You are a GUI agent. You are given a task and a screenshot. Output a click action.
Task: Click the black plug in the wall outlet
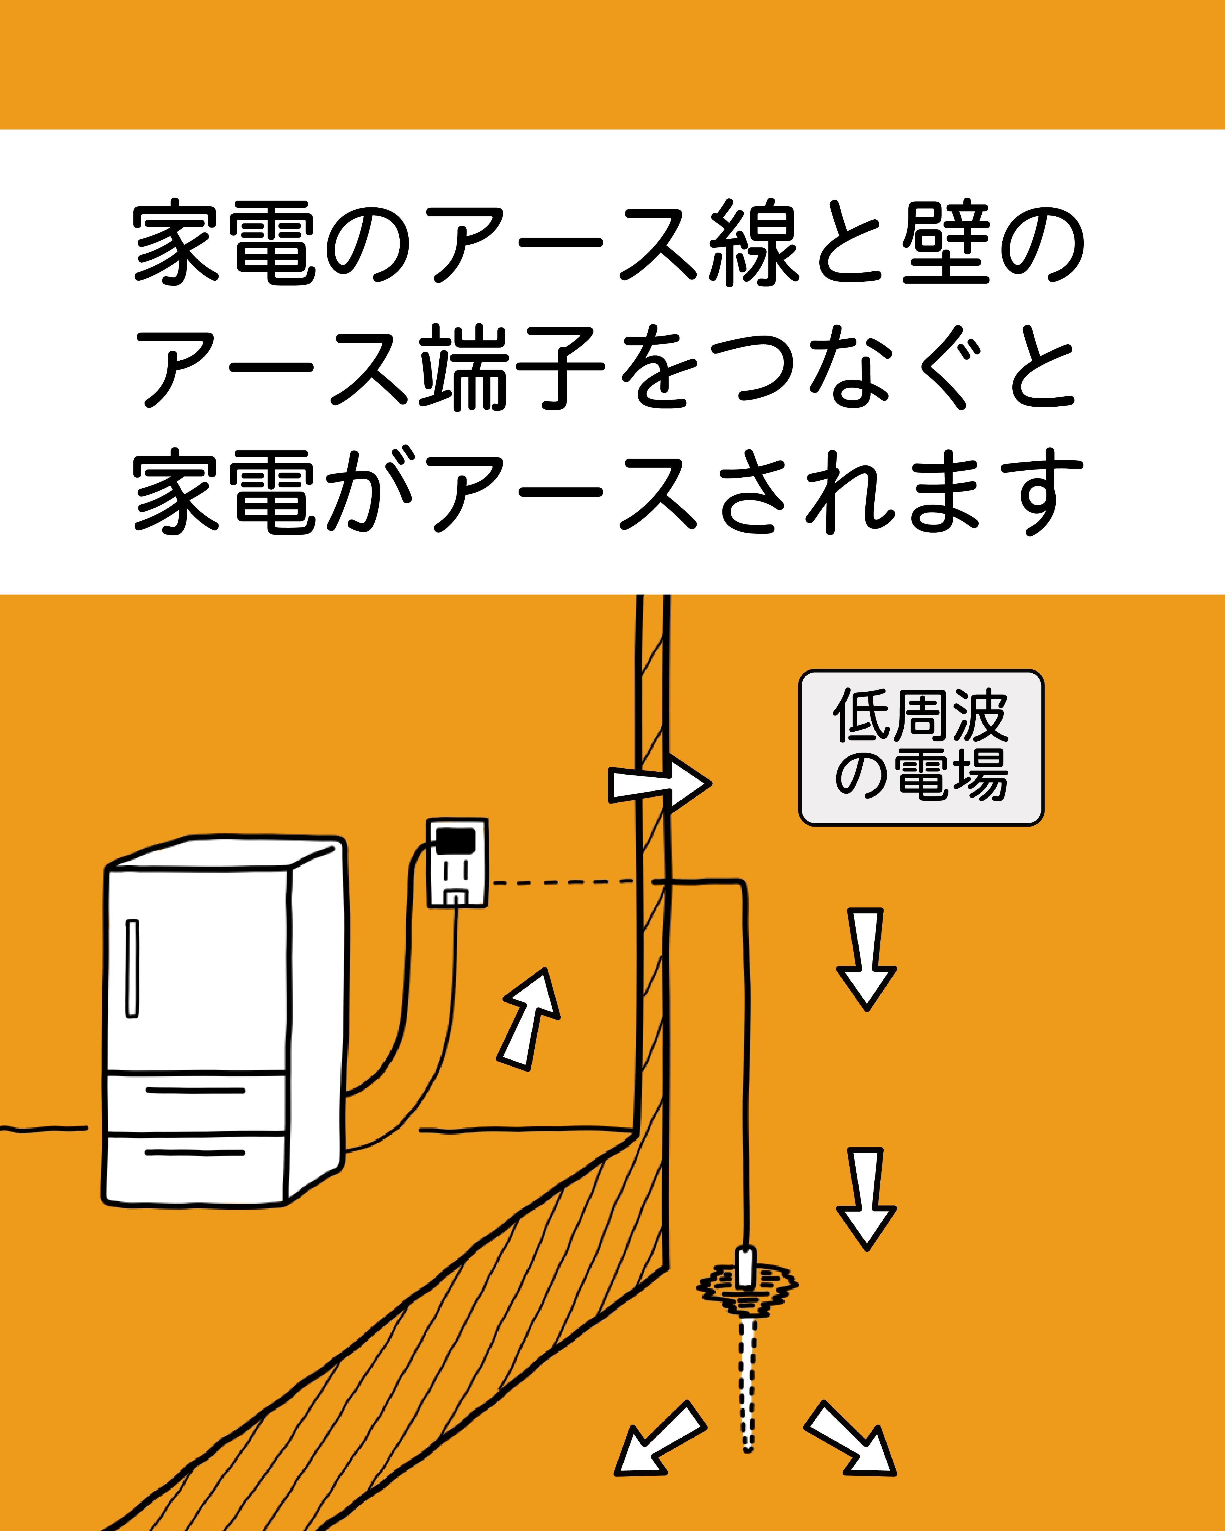pyautogui.click(x=455, y=840)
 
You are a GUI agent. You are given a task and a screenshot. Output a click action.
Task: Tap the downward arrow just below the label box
pyautogui.click(x=866, y=957)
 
